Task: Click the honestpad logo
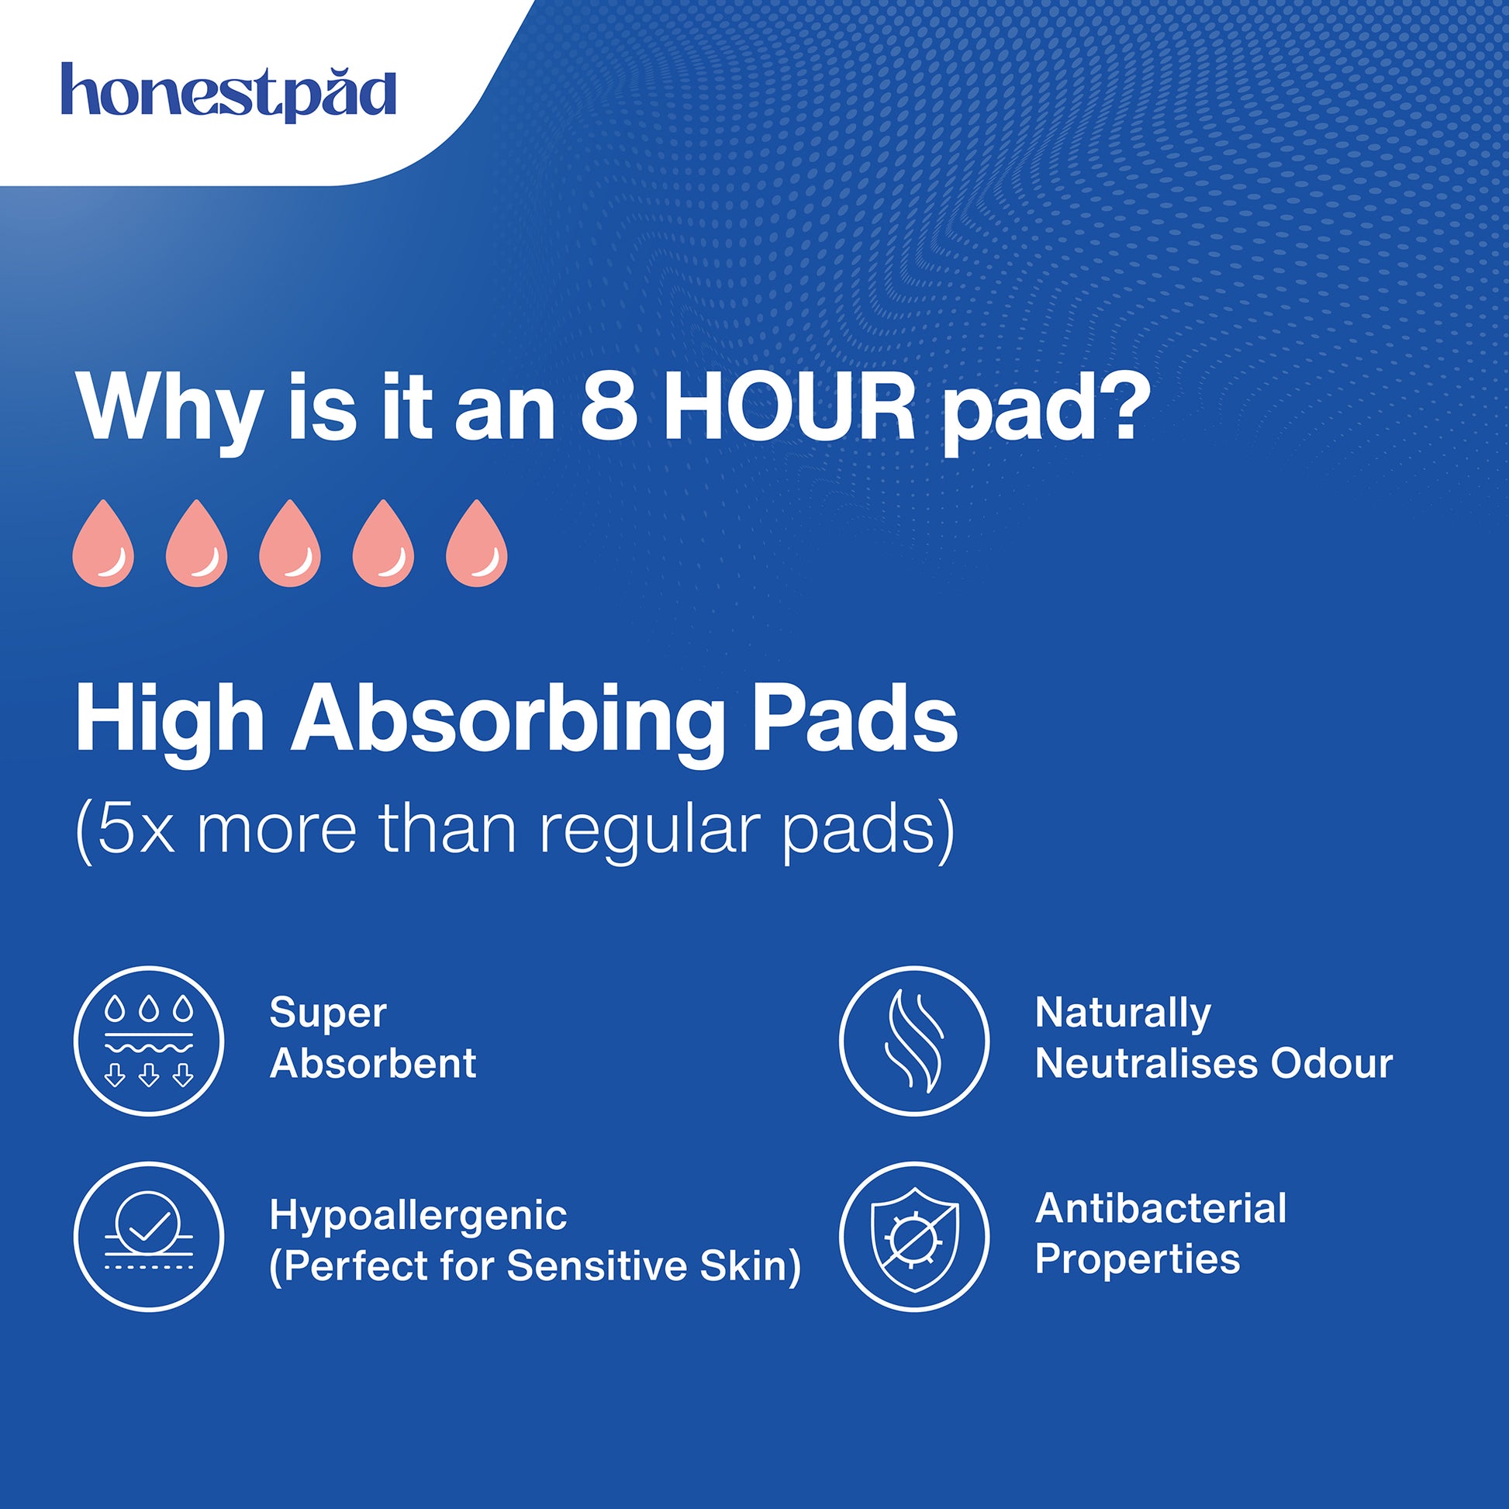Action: (x=228, y=92)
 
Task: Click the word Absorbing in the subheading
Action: (x=505, y=722)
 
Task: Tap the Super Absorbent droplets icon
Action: (x=148, y=1041)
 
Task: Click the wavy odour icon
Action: (x=913, y=1041)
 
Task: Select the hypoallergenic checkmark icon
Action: (x=148, y=1236)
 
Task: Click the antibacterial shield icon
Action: (x=913, y=1236)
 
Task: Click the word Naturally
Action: (x=1123, y=1014)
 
